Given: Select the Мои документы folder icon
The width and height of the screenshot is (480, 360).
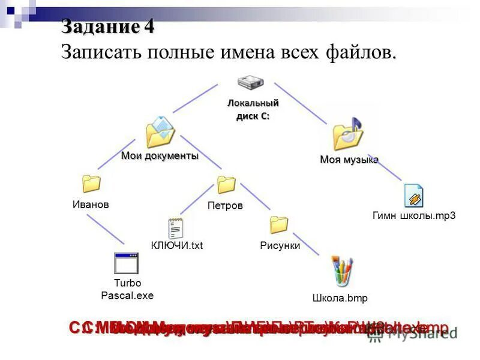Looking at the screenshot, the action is coord(160,132).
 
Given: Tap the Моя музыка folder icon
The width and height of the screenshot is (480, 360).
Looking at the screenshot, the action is coord(349,134).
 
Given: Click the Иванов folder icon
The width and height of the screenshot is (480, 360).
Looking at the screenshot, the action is coord(91,183).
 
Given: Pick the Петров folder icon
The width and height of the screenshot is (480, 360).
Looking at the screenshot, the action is coord(226,184).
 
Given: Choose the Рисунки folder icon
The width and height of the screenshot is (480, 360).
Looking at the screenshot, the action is coord(279,224).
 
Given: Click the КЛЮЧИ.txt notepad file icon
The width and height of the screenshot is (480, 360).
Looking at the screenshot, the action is coord(176,228).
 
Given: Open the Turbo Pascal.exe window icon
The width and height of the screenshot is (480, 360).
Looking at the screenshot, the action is coord(127,263).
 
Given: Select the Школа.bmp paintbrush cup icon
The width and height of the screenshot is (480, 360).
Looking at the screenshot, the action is coord(342,272).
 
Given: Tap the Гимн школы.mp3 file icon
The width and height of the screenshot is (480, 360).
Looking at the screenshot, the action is coord(413,196).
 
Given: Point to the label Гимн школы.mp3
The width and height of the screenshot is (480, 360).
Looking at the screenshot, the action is coord(414,216).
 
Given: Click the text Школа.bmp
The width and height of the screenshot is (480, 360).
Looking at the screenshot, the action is coord(340,298).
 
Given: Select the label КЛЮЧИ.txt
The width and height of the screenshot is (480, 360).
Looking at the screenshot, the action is coord(177,245).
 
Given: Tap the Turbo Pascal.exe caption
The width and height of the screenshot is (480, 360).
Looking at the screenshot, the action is coord(127,289).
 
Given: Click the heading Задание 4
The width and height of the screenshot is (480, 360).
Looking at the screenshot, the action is coord(108,27).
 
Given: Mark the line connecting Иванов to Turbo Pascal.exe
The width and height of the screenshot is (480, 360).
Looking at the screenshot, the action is coord(106,229).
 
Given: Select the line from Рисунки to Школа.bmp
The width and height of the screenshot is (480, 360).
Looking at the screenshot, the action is coord(307,244).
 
